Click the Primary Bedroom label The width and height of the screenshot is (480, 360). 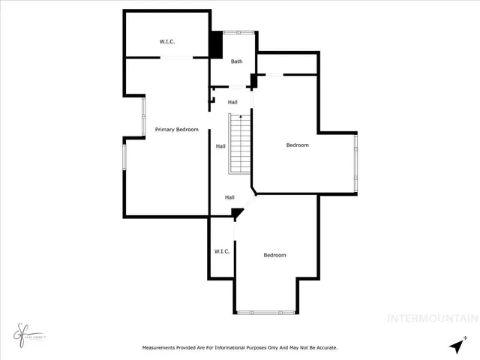pos(176,130)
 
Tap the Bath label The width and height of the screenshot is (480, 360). pos(237,61)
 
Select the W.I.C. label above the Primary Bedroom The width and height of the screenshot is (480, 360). pos(166,41)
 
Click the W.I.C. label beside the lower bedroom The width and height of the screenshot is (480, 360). pos(222,251)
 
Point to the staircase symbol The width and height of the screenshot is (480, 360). pos(239,144)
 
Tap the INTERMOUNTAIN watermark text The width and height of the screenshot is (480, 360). pos(432,318)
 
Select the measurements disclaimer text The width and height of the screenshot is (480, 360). pos(240,348)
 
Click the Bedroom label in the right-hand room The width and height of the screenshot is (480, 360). pos(297,145)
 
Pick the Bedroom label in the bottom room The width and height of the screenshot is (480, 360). pos(274,255)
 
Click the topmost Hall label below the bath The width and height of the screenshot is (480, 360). pos(232,102)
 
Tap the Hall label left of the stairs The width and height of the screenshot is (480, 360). pos(220,146)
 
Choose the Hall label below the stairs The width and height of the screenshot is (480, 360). pos(230,197)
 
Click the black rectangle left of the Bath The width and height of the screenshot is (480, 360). pos(215,45)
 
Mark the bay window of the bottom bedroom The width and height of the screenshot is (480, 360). pos(266,311)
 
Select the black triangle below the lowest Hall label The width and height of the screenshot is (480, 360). pos(237,214)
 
